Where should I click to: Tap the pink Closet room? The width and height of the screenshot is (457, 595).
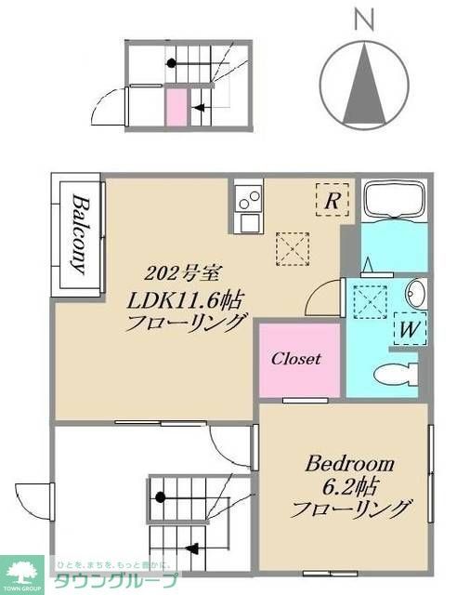pos(295,359)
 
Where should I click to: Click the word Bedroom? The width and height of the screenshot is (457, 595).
pos(349,463)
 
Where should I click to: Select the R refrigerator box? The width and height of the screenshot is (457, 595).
pos(333,199)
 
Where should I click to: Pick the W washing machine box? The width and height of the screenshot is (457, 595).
pos(408,328)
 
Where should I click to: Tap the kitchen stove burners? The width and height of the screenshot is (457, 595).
pos(248,198)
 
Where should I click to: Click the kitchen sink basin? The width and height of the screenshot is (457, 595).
pos(248,222)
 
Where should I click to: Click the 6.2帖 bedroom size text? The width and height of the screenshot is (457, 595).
pos(350,485)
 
